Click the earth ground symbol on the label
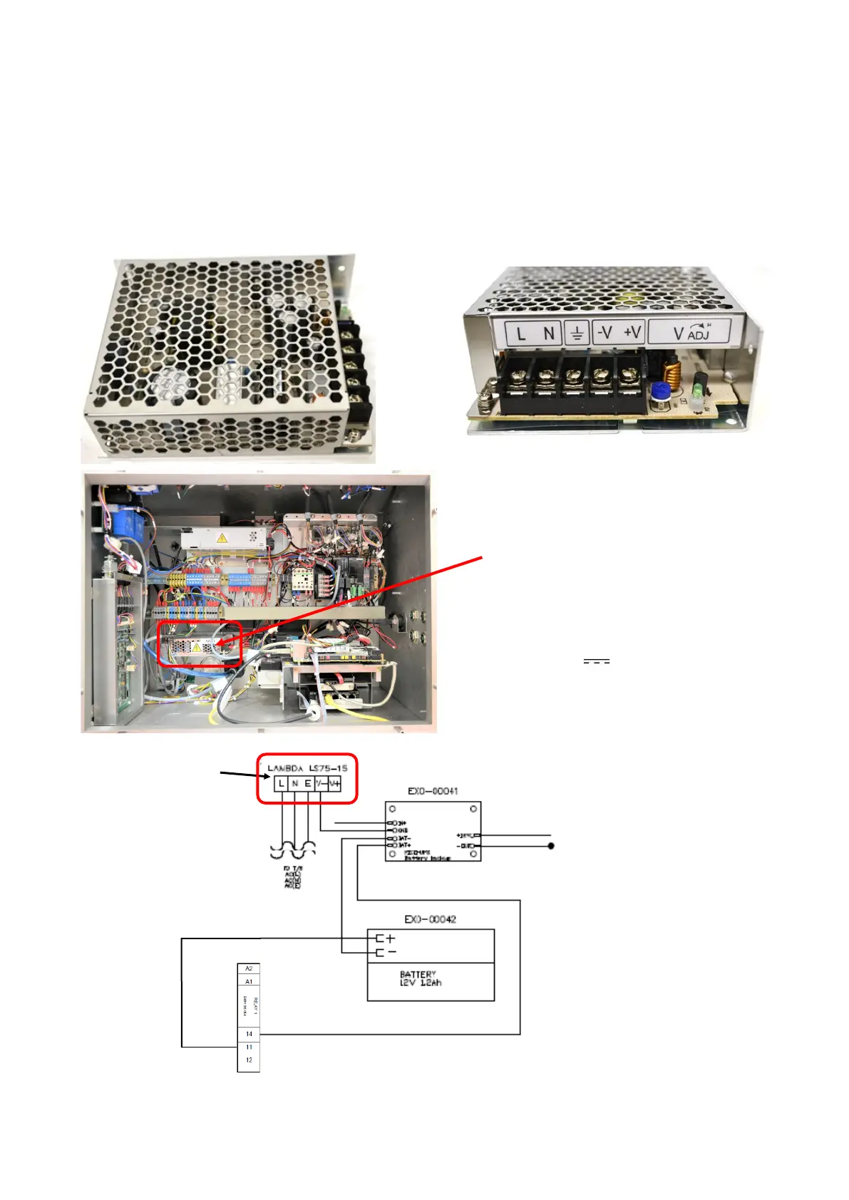click(577, 332)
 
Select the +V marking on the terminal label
click(632, 332)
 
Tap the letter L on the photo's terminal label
click(521, 333)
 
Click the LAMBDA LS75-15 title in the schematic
click(307, 768)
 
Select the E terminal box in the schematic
click(308, 783)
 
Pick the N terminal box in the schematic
click(294, 783)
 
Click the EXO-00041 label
click(433, 791)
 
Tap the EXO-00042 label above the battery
click(430, 919)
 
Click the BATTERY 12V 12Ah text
click(420, 978)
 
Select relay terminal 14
click(249, 1034)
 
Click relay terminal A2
click(249, 968)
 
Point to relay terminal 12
click(249, 1060)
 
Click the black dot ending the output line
click(551, 846)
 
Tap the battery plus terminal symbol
click(389, 938)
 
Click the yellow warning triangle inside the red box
click(197, 648)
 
